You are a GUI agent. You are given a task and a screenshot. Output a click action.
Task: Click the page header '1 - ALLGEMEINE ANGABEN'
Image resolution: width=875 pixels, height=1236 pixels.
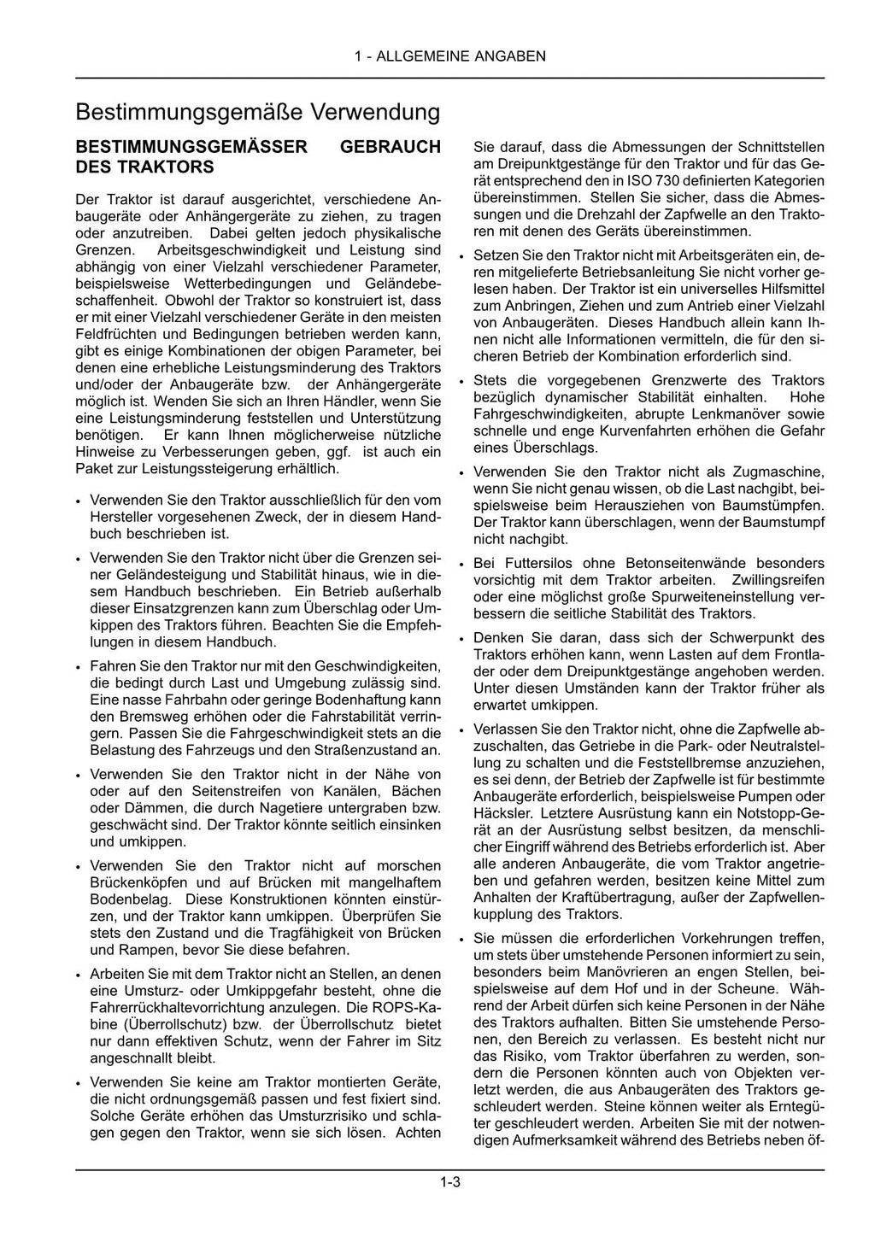(449, 56)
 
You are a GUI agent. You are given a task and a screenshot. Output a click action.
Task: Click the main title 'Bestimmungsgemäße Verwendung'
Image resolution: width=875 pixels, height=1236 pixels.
(258, 112)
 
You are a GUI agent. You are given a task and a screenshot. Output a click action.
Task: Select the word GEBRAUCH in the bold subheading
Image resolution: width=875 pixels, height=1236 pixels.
(391, 147)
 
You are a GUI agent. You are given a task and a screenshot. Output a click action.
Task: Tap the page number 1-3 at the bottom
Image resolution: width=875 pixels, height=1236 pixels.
(450, 1182)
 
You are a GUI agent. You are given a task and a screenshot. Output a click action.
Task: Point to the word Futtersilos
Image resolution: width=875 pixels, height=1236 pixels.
(538, 563)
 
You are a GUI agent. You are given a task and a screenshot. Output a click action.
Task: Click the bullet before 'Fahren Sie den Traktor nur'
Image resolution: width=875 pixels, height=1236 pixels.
(79, 667)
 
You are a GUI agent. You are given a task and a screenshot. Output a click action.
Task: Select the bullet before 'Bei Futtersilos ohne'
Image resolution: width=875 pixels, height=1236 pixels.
(461, 565)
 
